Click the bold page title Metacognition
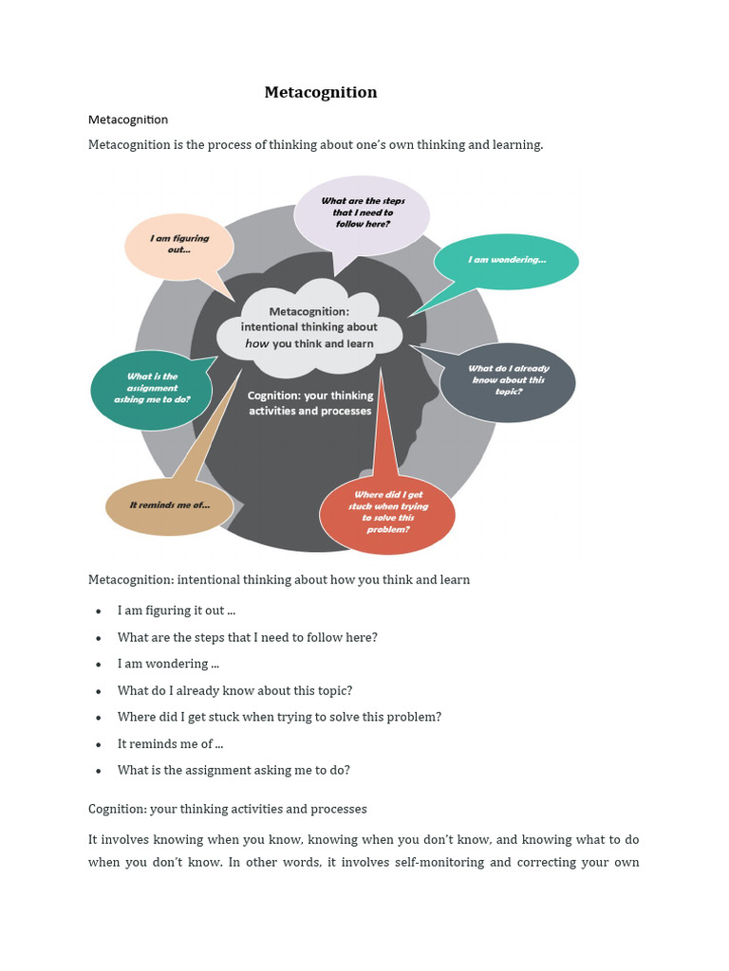(320, 92)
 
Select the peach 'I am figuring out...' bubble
(179, 245)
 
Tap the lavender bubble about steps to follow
(363, 212)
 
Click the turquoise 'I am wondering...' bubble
(506, 260)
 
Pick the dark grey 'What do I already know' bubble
(508, 380)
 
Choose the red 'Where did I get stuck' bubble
(387, 513)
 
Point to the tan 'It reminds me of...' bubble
(169, 505)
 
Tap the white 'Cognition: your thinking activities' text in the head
(310, 403)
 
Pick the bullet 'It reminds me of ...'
(171, 743)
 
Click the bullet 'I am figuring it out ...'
(177, 611)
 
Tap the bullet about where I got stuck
(279, 717)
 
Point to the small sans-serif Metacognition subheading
(128, 119)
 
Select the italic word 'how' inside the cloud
(257, 343)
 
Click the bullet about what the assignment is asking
(234, 770)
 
